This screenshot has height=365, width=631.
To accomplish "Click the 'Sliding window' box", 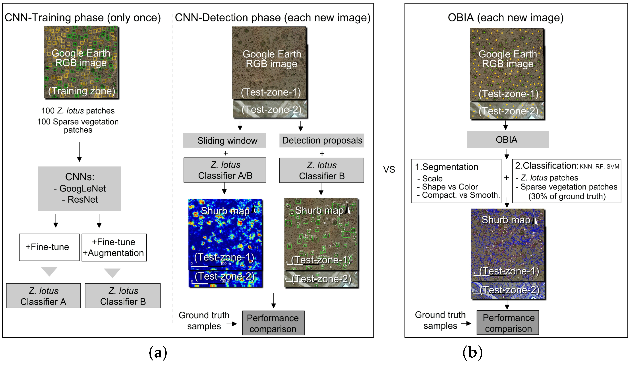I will (224, 140).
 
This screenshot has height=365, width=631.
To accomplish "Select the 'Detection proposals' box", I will (321, 140).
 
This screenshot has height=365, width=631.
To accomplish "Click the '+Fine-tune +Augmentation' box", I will (114, 247).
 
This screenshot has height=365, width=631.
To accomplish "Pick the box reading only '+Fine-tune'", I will (49, 247).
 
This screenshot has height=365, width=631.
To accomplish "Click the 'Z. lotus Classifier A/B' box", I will (225, 170).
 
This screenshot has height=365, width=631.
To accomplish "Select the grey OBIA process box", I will (508, 139).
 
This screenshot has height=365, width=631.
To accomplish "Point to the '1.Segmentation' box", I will (456, 181).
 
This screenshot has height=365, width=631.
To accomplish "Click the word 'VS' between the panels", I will (389, 169).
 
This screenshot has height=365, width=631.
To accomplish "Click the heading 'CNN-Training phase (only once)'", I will (83, 18).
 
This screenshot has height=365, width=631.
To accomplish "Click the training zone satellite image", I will (81, 62).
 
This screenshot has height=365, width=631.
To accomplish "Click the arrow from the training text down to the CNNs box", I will (79, 152).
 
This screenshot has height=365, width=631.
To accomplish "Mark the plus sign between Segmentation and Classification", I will (507, 178).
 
